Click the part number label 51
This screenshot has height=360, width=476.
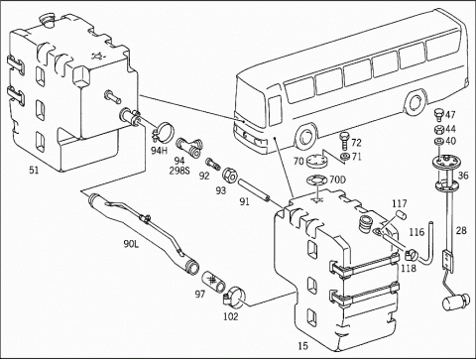(x=34, y=171)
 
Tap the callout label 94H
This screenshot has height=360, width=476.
(x=160, y=151)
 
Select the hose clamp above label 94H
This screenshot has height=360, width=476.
(x=163, y=130)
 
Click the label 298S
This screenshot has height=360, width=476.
(x=179, y=171)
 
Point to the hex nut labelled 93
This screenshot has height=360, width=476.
(x=229, y=175)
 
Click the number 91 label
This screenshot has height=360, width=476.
(x=244, y=201)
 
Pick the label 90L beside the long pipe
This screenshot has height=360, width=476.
(x=131, y=244)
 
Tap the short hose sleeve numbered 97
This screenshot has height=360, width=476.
(x=213, y=281)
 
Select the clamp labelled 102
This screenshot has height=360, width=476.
(x=234, y=296)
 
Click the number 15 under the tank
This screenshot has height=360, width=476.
(x=302, y=346)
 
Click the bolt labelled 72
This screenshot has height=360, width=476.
(x=345, y=141)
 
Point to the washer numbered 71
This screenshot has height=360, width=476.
(x=344, y=157)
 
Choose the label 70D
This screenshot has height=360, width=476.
(x=337, y=180)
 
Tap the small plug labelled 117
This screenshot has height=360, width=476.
(x=402, y=214)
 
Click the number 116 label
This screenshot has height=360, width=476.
(x=416, y=232)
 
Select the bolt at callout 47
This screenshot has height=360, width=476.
(x=438, y=115)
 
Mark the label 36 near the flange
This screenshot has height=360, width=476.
(x=463, y=176)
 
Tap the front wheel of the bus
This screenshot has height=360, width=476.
(x=306, y=137)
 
